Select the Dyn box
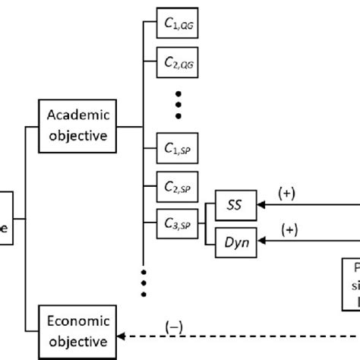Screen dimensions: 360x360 click(x=235, y=243)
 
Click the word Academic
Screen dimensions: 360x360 click(x=78, y=115)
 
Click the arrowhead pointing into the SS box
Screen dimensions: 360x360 click(x=261, y=205)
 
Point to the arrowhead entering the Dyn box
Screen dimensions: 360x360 click(x=261, y=243)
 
